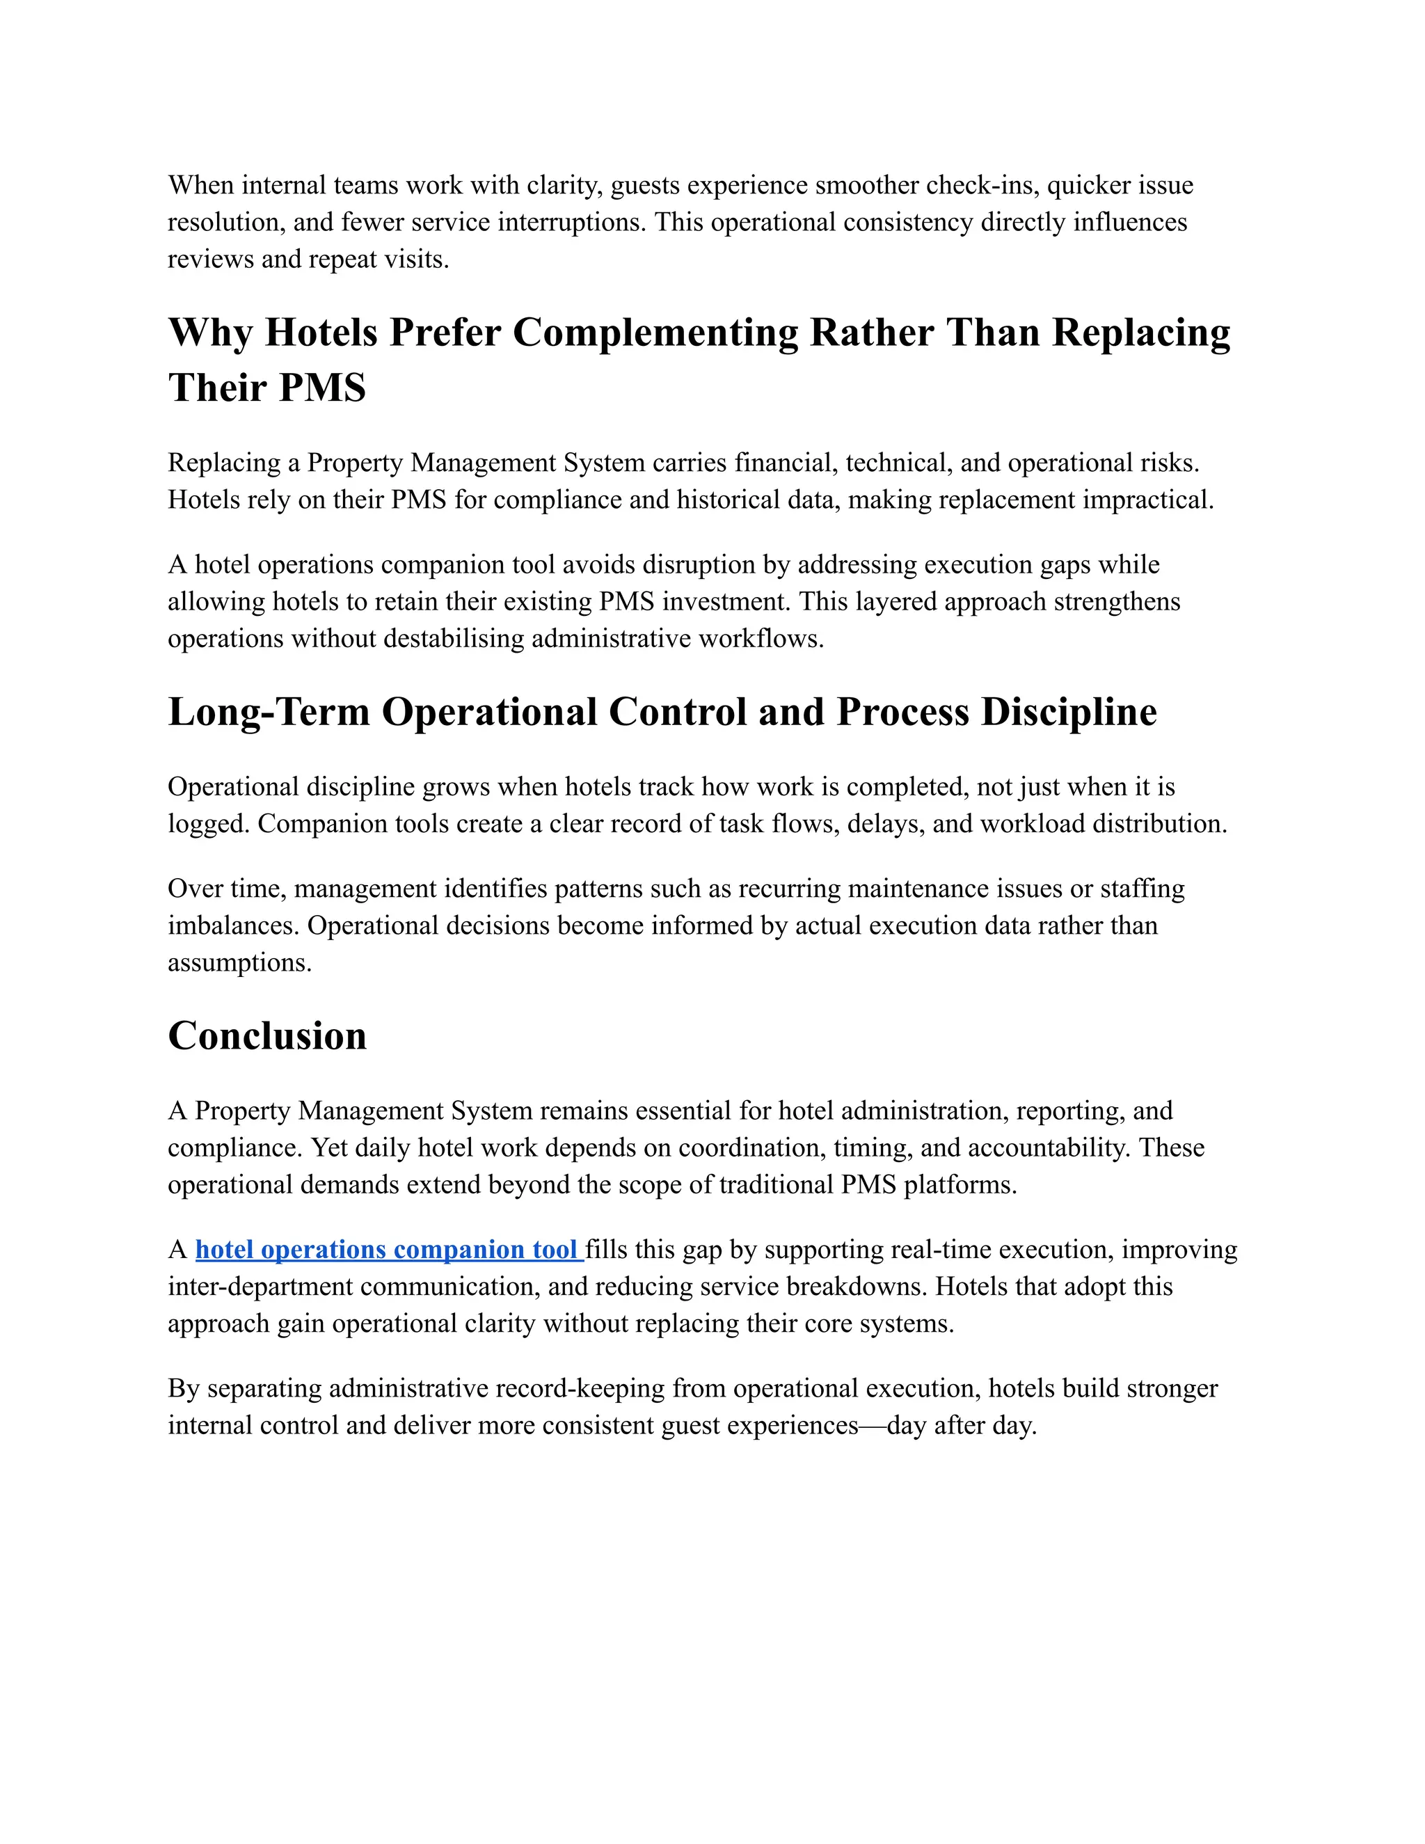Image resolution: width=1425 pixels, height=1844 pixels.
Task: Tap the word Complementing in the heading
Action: pos(655,332)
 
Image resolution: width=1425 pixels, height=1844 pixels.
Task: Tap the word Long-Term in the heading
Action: pos(269,712)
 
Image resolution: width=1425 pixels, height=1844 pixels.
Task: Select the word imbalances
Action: pos(233,925)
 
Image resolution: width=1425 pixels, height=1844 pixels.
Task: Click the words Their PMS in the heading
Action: pos(266,388)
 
